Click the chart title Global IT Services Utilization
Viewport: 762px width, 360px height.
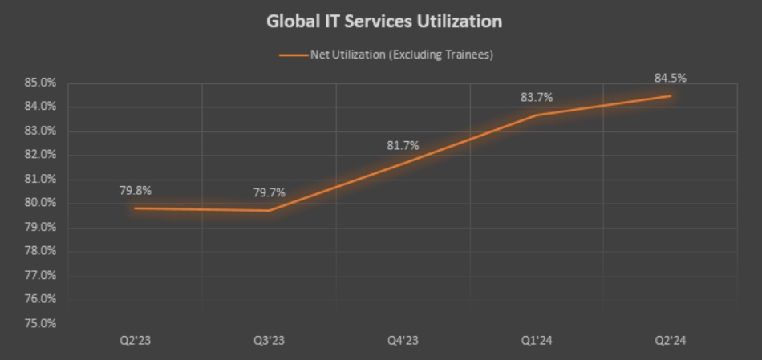click(384, 22)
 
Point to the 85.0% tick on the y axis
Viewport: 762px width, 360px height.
click(39, 83)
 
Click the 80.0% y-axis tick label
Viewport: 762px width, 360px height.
click(39, 203)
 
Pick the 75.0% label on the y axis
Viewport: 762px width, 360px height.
click(39, 323)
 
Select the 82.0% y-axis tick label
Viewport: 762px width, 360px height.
click(39, 155)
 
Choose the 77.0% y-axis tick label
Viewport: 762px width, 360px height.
click(39, 275)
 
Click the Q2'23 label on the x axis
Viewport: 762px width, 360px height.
click(135, 341)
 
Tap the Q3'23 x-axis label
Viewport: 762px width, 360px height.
click(269, 341)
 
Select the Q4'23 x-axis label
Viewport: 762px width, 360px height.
click(403, 341)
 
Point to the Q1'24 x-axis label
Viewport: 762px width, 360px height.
click(537, 341)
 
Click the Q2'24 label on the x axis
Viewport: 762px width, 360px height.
click(671, 341)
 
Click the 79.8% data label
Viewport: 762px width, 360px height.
click(135, 191)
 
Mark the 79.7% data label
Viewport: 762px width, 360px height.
click(269, 193)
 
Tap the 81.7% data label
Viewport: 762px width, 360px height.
click(403, 145)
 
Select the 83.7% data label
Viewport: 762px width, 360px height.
click(537, 97)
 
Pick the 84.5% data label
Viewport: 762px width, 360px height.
click(671, 78)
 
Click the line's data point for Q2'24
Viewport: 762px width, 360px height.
click(671, 95)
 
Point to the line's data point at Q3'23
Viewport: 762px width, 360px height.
click(269, 210)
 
